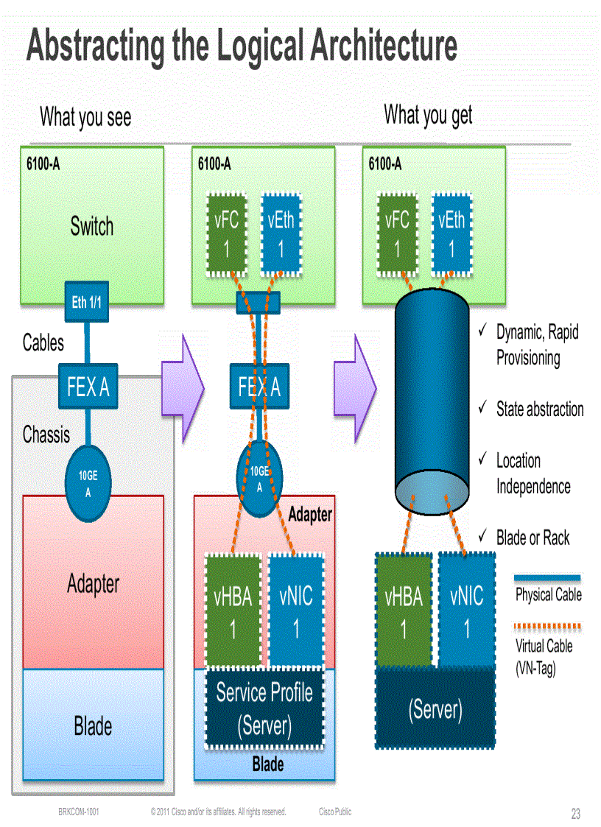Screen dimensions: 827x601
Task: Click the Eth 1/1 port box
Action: (88, 301)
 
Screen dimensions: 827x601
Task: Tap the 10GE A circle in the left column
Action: (88, 484)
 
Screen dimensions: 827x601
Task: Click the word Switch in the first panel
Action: (92, 226)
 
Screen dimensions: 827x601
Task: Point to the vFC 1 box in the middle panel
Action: (227, 235)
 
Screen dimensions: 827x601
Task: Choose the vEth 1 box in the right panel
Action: (451, 235)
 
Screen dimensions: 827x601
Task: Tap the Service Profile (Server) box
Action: (264, 708)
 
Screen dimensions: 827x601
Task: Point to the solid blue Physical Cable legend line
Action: (547, 579)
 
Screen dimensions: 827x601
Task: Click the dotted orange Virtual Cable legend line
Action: (547, 627)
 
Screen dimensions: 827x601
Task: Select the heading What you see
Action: (85, 116)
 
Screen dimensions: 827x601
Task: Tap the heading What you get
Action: (428, 115)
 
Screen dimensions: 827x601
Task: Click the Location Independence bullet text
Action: (533, 474)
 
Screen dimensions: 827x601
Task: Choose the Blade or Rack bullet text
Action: (533, 538)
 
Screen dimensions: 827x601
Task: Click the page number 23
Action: (575, 814)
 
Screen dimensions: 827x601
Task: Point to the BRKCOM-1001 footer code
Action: (79, 812)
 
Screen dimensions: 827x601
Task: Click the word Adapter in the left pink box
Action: (93, 584)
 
